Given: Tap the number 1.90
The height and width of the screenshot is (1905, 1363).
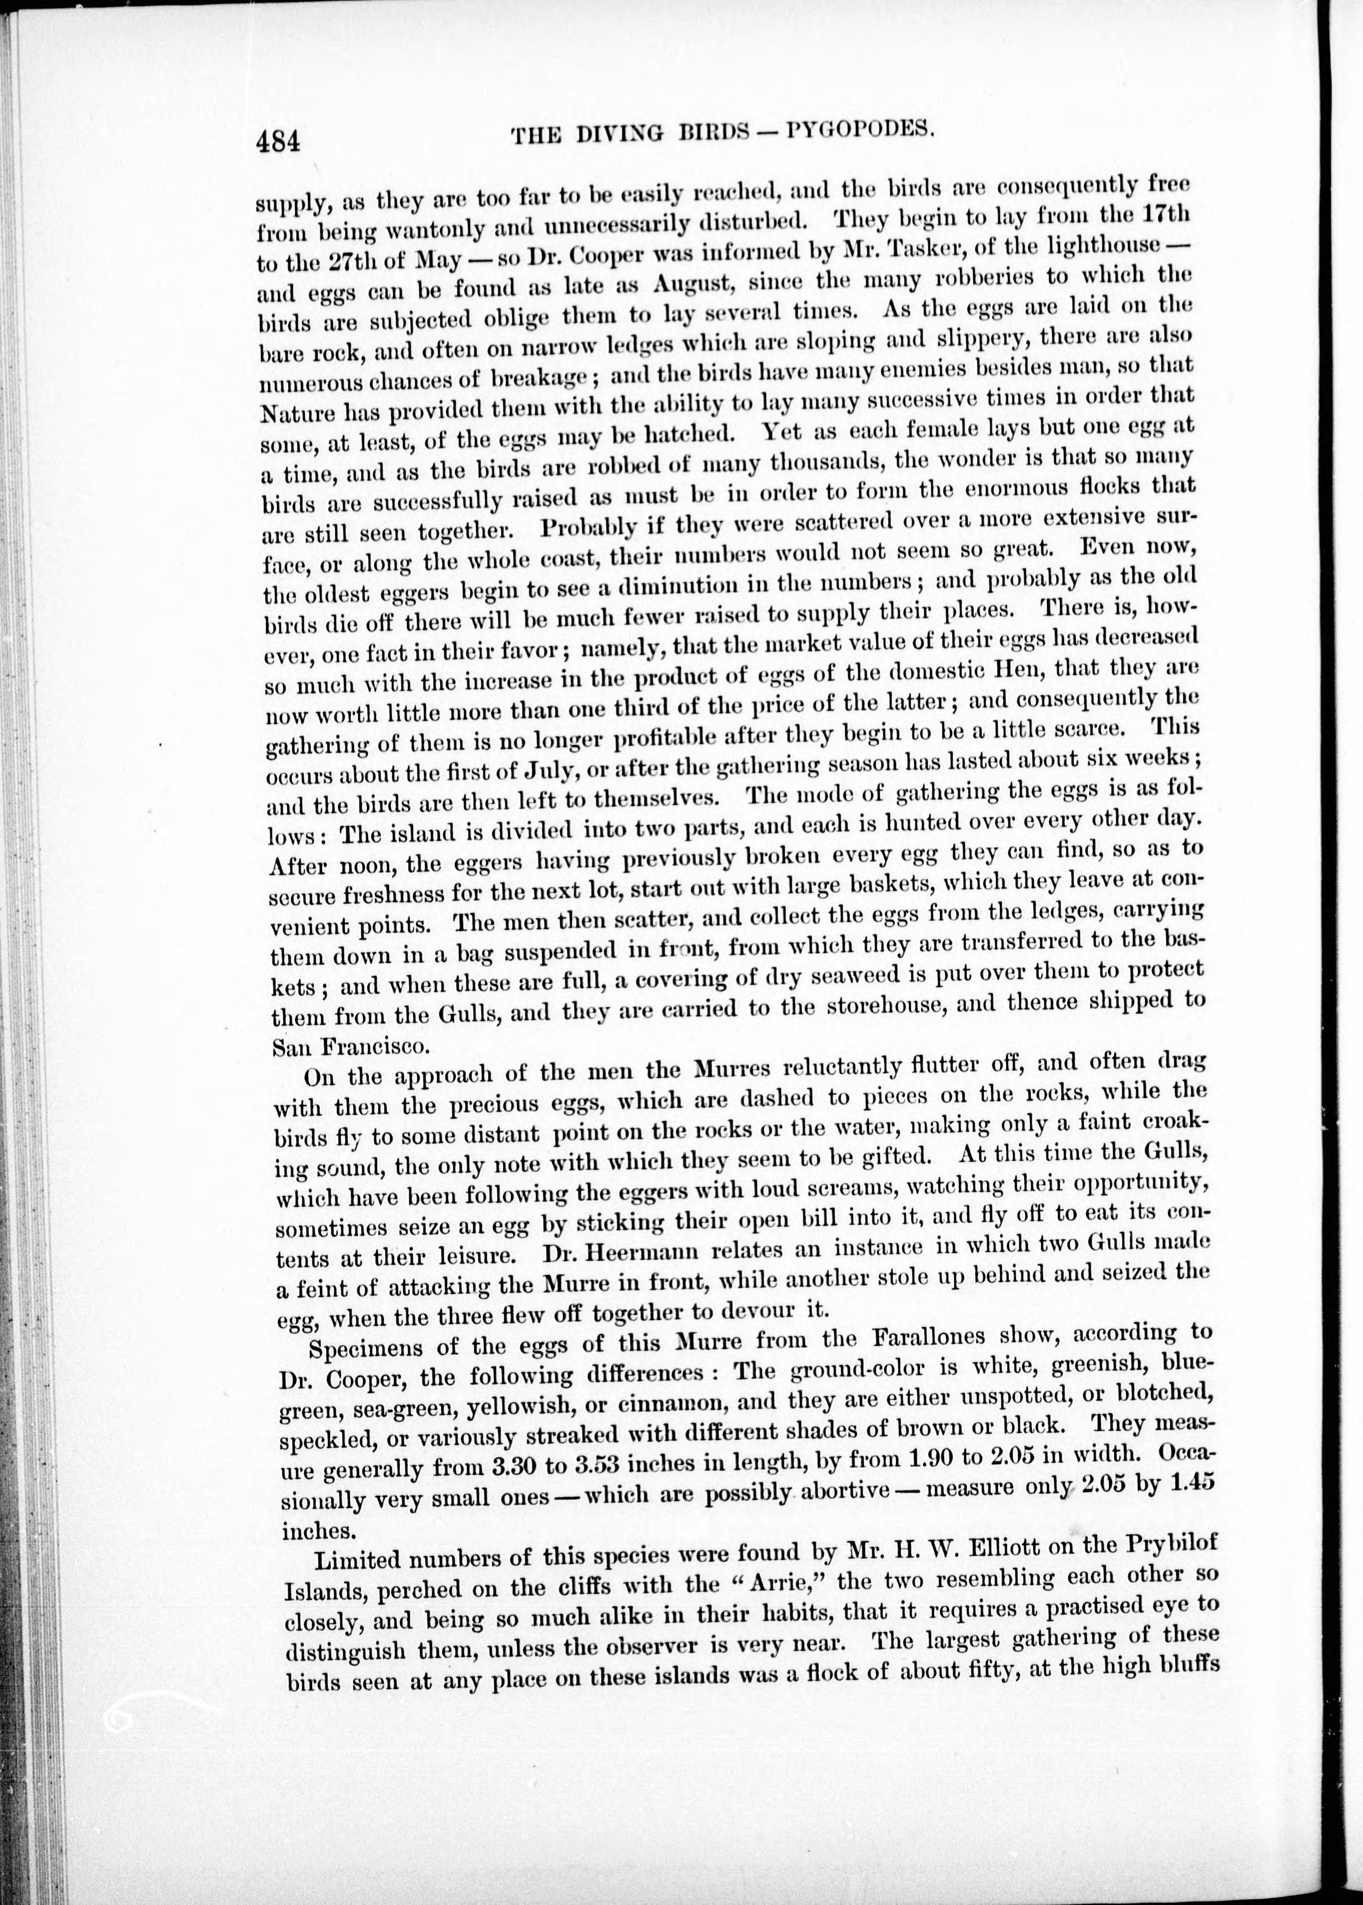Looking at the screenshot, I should (x=872, y=1458).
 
